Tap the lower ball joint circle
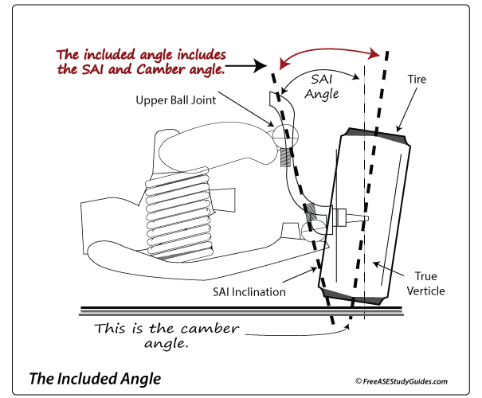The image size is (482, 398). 312,229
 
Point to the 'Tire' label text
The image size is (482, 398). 417,80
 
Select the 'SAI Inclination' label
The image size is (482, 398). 249,291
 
